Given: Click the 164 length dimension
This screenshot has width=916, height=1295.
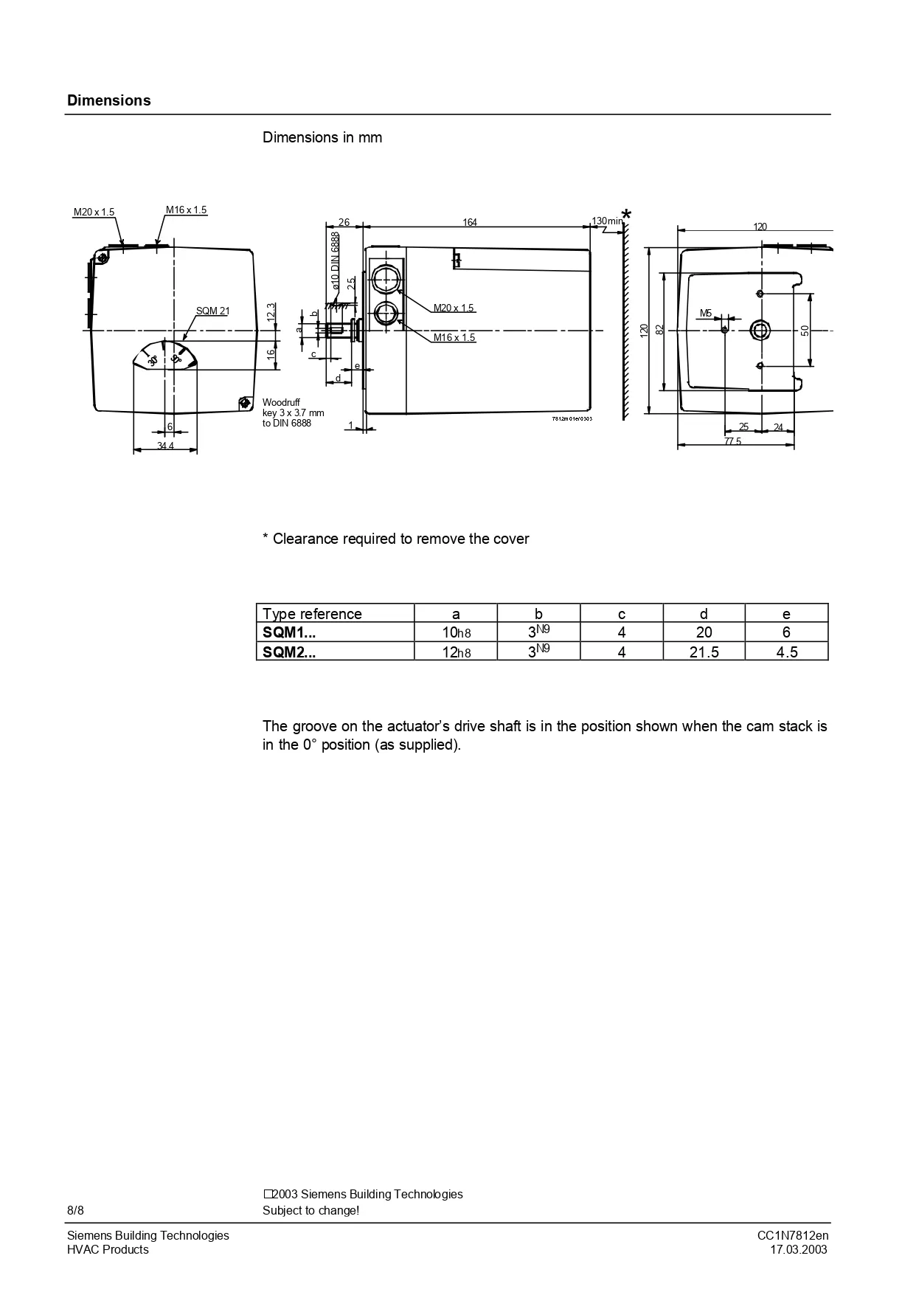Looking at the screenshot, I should (470, 222).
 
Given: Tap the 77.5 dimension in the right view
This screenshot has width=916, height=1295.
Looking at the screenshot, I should (732, 441).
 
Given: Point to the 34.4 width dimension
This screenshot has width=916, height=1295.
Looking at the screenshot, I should (165, 446).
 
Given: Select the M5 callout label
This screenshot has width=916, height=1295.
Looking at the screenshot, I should (706, 314).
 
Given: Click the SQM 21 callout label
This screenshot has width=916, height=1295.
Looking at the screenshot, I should (212, 311).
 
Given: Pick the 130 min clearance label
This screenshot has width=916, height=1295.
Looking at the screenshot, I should (608, 221).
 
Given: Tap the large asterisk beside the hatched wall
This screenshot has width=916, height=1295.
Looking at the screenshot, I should (626, 215).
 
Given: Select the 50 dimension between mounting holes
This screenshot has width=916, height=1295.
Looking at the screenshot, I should (805, 330).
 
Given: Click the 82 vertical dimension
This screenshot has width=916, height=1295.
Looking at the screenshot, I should (660, 329).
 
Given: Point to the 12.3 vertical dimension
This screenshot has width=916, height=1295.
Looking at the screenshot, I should (271, 311).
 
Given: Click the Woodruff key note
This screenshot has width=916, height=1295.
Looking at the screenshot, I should (293, 412).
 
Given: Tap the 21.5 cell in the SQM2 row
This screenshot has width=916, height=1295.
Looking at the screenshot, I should (704, 652).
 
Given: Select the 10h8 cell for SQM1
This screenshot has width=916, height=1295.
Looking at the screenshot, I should (456, 632).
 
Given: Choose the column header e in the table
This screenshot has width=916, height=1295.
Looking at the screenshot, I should (786, 614).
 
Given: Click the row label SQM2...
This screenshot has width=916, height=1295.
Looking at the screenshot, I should (289, 652).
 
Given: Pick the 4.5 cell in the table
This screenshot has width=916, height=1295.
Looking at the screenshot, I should (786, 652).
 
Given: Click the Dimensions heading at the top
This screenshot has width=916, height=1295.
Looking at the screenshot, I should (109, 101).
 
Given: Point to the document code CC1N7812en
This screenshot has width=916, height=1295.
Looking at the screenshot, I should (793, 1236).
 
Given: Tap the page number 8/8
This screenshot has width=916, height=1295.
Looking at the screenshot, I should (76, 1211).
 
